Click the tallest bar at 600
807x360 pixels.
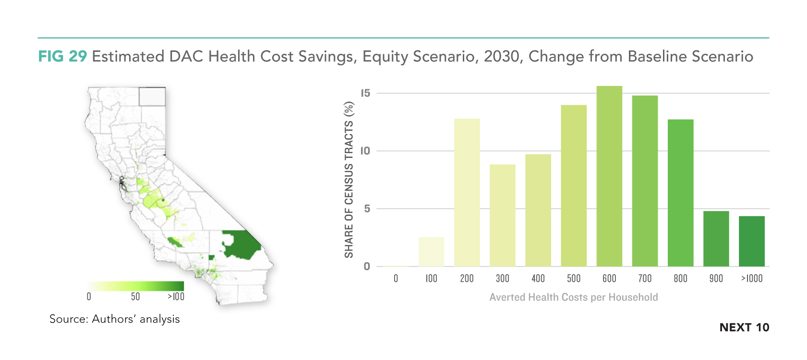click(x=609, y=176)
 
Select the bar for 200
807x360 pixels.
click(x=467, y=192)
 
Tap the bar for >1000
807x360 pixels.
click(x=751, y=241)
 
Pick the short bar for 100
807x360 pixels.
click(x=431, y=252)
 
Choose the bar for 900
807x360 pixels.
click(x=716, y=239)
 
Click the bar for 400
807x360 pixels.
click(x=538, y=210)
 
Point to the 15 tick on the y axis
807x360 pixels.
click(x=365, y=93)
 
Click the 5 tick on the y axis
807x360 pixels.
click(x=367, y=209)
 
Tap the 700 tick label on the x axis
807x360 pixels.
click(x=645, y=278)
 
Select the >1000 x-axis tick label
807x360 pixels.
click(x=751, y=278)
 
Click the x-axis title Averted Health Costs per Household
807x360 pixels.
click(x=574, y=297)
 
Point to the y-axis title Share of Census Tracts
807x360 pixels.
click(x=349, y=180)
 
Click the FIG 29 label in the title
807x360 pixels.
click(x=62, y=56)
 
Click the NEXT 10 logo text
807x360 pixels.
click(x=744, y=327)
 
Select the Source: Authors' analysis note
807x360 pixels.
click(x=115, y=319)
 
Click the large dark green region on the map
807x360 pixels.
click(x=241, y=245)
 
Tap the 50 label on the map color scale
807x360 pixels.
click(x=135, y=297)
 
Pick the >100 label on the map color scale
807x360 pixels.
click(x=176, y=297)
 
